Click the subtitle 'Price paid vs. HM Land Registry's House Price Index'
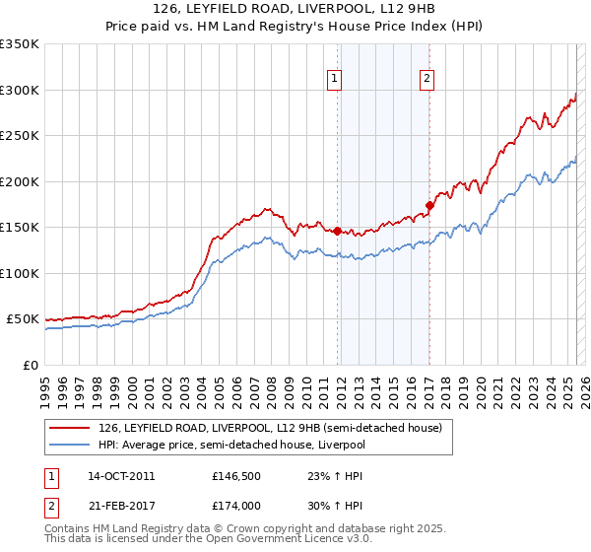coord(295,28)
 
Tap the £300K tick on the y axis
coord(21,90)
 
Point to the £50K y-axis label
coord(24,319)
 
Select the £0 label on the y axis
coord(32,365)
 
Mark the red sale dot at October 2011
coord(337,231)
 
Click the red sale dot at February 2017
coord(429,205)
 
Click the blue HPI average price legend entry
coord(230,445)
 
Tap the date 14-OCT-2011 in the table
coord(120,475)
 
